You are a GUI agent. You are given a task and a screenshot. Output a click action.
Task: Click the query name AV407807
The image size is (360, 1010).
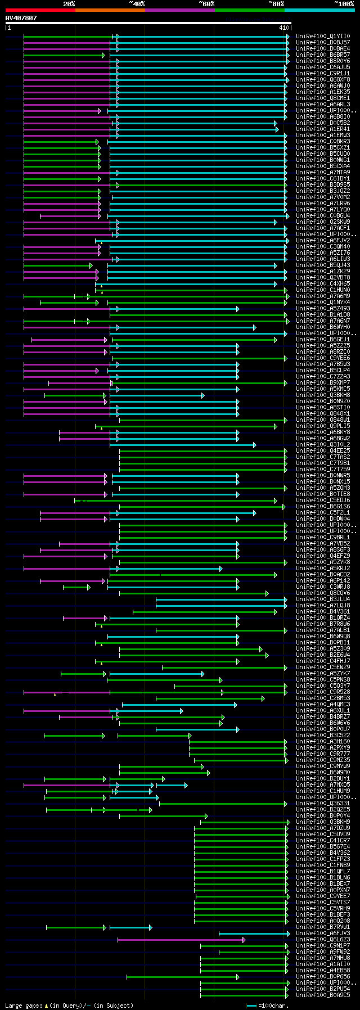21,18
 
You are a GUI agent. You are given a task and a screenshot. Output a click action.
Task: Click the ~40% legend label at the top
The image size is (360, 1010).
137,4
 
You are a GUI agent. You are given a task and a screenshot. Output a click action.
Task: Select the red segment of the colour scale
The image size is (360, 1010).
40,10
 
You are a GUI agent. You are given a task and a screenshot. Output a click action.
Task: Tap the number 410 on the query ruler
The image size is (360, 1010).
283,27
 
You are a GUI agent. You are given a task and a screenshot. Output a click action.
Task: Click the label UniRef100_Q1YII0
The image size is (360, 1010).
323,36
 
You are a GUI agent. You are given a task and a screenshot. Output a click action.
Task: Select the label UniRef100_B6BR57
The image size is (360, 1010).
323,55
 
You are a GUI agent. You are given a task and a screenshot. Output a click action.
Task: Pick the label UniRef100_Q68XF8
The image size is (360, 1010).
323,79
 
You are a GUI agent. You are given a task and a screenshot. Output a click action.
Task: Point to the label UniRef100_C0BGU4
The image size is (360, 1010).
323,215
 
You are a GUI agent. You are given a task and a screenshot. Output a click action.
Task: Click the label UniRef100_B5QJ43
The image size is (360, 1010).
323,265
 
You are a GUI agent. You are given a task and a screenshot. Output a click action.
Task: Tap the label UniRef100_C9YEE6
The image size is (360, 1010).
323,358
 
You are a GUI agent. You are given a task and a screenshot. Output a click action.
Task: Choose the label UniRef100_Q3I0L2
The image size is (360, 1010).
323,444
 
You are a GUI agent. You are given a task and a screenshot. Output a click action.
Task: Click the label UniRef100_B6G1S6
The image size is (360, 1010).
323,506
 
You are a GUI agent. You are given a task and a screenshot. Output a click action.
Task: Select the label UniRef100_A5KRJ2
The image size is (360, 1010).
323,568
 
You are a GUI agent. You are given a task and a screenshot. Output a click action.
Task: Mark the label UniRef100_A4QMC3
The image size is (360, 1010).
323,704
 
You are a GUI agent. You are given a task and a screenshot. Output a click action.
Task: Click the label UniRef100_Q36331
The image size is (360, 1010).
323,803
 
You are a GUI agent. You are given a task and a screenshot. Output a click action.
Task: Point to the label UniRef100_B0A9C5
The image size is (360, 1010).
323,995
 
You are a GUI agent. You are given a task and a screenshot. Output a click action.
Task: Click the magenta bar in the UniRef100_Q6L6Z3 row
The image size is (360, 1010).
180,939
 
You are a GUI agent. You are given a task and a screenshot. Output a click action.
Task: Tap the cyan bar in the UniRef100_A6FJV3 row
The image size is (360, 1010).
253,933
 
